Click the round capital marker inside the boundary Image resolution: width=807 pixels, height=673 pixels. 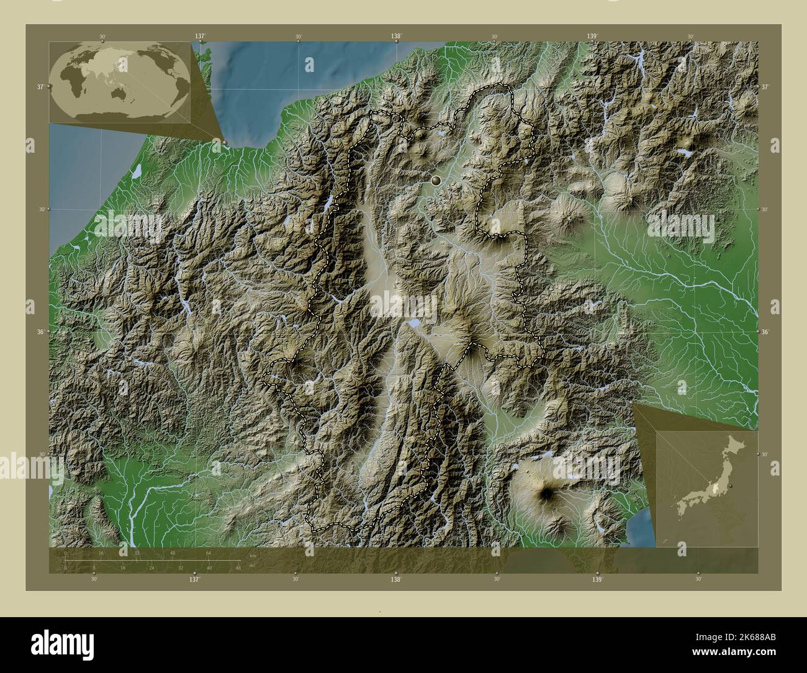tap(436, 181)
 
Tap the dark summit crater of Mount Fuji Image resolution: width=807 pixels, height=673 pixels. tap(548, 493)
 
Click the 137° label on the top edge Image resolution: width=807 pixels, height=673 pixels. tap(200, 37)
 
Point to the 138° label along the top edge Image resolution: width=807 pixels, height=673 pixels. tap(396, 37)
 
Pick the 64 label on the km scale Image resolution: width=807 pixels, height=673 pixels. tap(209, 553)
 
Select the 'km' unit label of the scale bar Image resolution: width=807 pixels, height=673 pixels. tap(252, 554)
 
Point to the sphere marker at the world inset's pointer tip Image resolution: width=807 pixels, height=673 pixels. tap(224, 143)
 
